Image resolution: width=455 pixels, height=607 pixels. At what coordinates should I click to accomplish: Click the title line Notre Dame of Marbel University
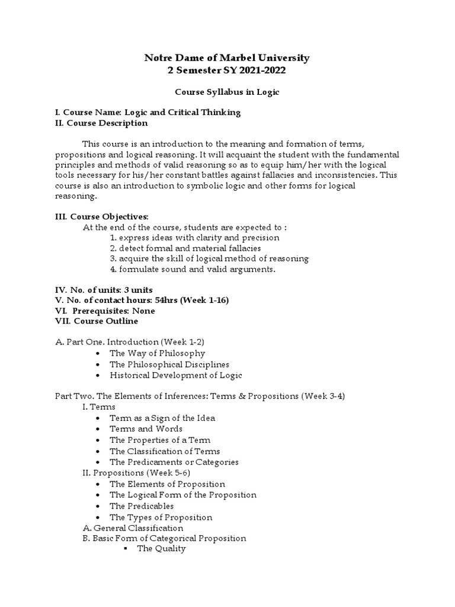pos(227,58)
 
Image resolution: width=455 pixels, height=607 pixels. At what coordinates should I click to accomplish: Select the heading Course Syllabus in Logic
pos(227,93)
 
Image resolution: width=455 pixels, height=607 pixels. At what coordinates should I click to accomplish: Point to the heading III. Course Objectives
pos(102,216)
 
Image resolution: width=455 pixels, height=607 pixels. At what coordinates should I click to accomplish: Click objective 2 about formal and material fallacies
pos(185,248)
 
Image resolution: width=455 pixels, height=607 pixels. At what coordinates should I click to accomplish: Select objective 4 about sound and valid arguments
pos(193,270)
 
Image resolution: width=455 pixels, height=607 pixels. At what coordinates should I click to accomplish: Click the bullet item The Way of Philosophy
pos(157,353)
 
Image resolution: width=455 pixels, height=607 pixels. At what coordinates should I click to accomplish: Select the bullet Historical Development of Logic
pos(176,375)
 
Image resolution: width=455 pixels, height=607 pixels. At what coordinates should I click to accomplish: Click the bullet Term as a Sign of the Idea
pos(162,418)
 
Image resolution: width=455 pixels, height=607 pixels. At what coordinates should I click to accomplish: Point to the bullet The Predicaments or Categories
pos(174,462)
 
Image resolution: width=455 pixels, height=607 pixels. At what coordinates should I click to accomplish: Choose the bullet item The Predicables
pos(142,506)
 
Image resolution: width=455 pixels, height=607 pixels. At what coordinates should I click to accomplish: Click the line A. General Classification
pos(132,528)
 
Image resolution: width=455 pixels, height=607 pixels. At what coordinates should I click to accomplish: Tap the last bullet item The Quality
pos(161,549)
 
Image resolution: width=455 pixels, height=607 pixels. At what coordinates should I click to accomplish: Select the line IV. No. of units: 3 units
pos(104,290)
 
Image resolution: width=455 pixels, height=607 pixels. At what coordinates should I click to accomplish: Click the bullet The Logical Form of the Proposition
pos(183,495)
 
